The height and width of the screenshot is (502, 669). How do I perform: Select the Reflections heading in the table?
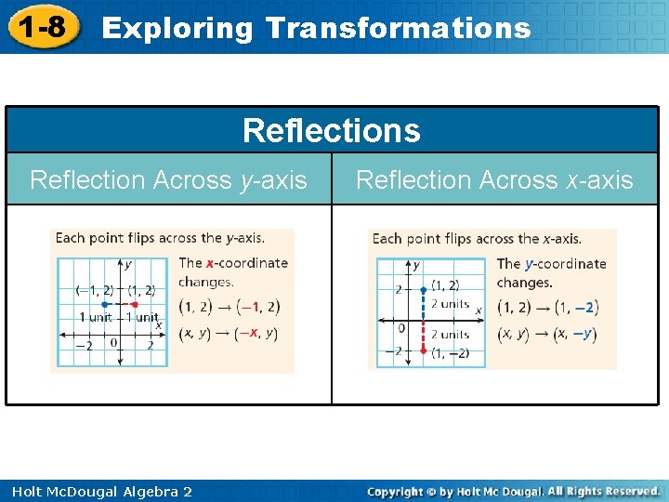(x=331, y=130)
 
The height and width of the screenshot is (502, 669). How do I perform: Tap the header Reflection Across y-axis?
(x=168, y=179)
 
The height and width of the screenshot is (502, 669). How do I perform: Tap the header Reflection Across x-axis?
(x=494, y=179)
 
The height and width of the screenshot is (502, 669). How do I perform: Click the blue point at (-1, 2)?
(x=105, y=305)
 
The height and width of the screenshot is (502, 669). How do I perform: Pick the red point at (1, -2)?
(x=423, y=350)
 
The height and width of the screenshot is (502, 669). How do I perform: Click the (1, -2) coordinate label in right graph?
(x=450, y=353)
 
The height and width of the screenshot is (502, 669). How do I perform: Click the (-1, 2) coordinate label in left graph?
(x=95, y=290)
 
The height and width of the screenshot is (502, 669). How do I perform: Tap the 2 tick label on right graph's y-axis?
(x=399, y=289)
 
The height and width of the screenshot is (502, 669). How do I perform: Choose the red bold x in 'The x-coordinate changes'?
(x=210, y=263)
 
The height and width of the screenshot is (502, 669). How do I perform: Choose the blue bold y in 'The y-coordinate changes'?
(x=529, y=264)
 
